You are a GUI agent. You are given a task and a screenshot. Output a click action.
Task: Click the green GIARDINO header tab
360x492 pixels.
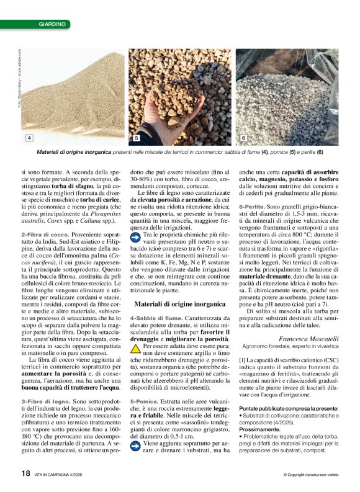click(x=52, y=24)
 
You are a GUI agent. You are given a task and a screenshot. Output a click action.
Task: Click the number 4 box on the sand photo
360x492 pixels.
click(x=29, y=137)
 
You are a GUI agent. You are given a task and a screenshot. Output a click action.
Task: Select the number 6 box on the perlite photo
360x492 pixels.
click(x=244, y=137)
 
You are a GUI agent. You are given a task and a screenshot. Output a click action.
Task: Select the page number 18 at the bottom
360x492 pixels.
click(x=25, y=473)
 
